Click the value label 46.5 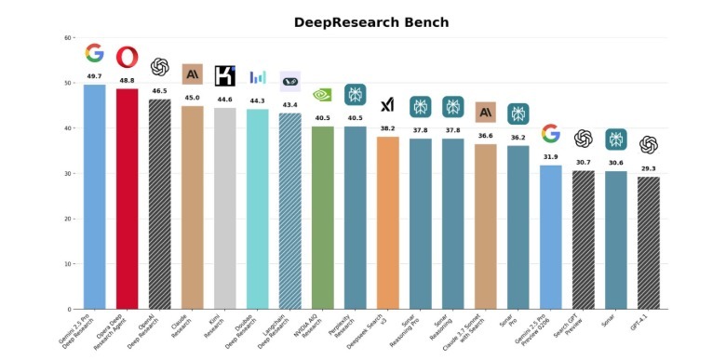click(x=159, y=91)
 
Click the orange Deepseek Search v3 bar click(x=387, y=222)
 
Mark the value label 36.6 click(x=485, y=136)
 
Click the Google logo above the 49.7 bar click(x=94, y=53)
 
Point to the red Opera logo click(x=127, y=58)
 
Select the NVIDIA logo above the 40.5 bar click(x=322, y=93)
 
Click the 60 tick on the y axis click(x=68, y=38)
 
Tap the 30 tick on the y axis click(x=68, y=174)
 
